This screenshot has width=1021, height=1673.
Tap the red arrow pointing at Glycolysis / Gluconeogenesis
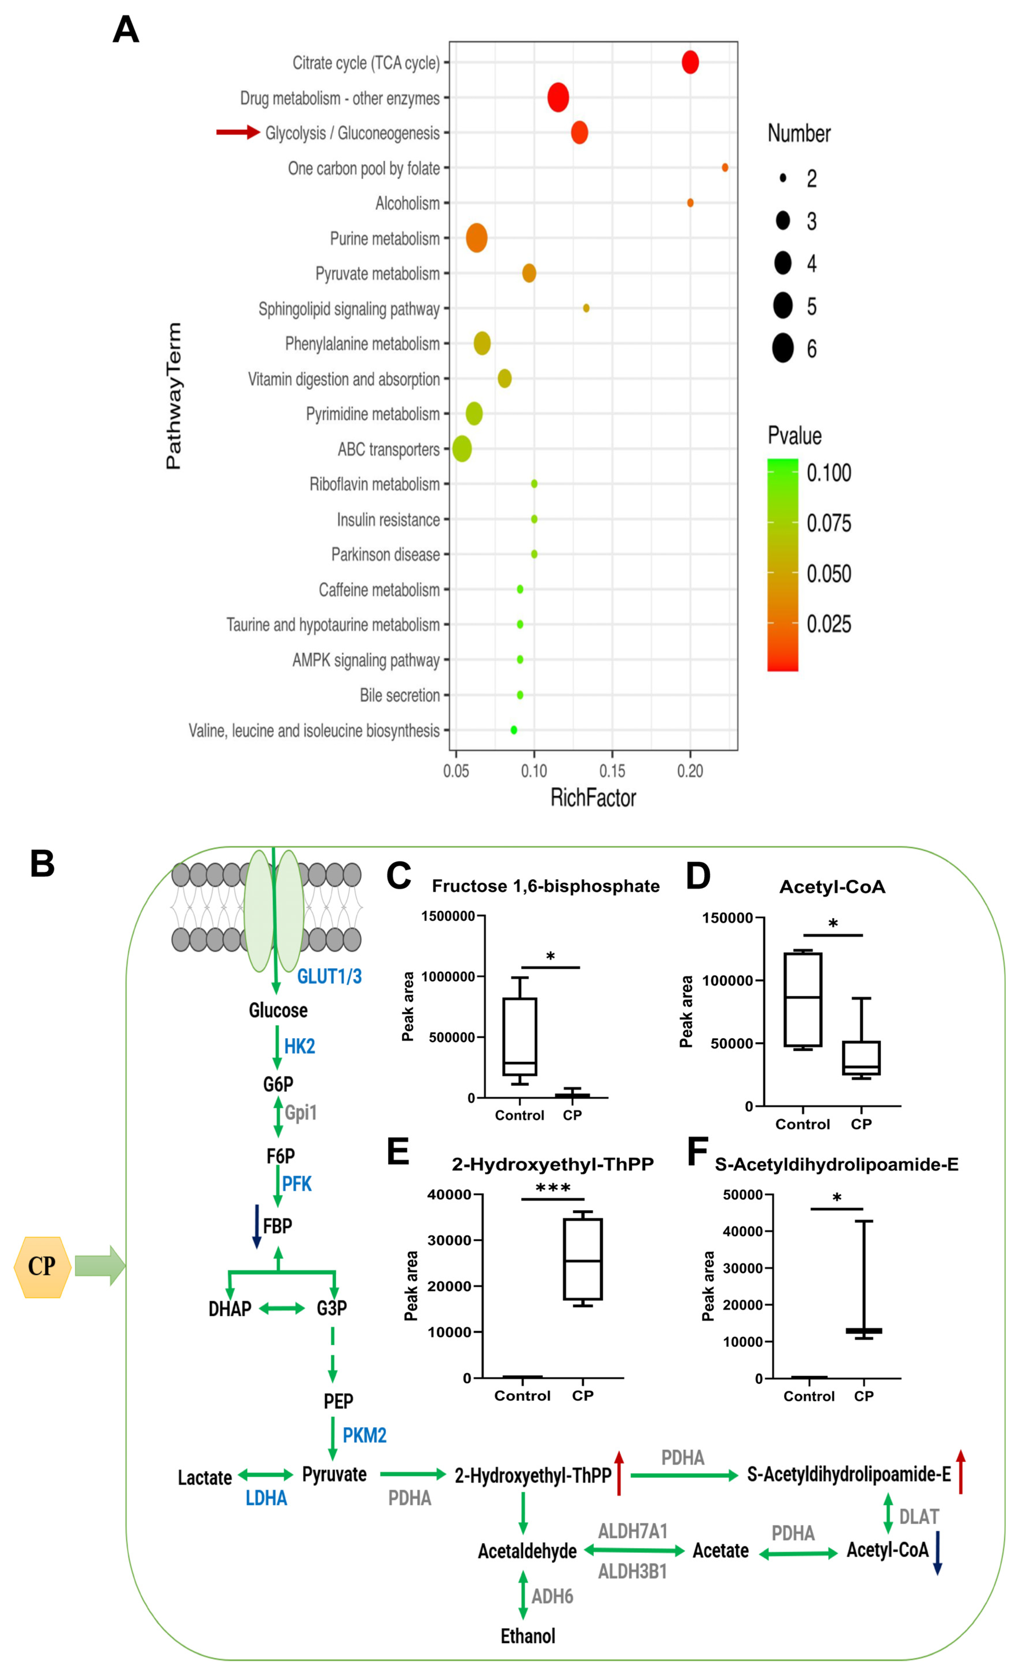click(x=237, y=133)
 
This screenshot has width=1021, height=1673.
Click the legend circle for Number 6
click(x=783, y=348)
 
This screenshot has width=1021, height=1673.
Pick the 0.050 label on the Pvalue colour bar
click(x=828, y=574)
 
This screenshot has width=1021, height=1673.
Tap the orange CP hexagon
click(x=42, y=1267)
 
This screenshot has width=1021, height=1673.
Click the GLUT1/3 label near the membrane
click(x=329, y=976)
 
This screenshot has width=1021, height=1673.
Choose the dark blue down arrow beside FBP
click(x=257, y=1226)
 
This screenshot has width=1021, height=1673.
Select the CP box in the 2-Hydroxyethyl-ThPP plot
click(x=583, y=1260)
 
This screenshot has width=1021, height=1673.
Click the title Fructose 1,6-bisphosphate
click(x=546, y=886)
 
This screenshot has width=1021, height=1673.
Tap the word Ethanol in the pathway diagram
click(x=528, y=1636)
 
